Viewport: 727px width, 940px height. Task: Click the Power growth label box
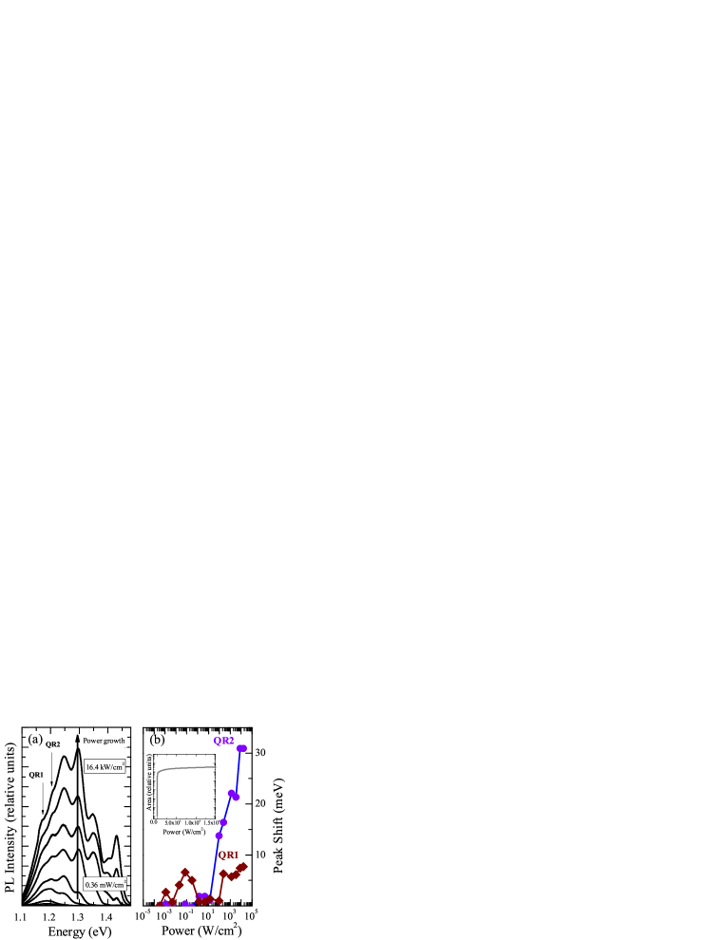[103, 741]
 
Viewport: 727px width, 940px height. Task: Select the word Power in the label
[92, 741]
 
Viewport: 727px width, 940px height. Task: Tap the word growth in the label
[113, 741]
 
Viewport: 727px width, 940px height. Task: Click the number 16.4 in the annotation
[92, 767]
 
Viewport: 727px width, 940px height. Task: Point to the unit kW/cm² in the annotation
[113, 766]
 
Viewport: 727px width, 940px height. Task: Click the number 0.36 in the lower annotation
[92, 885]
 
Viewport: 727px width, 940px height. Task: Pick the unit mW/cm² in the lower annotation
[113, 885]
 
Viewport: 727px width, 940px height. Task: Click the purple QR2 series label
[223, 741]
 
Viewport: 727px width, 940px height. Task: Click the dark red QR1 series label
[228, 855]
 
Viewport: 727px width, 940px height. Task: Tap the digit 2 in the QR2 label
[231, 741]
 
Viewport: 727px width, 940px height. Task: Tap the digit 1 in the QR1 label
[235, 855]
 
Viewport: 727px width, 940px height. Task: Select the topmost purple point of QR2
[241, 748]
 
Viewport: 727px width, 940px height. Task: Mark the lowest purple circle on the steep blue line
[219, 836]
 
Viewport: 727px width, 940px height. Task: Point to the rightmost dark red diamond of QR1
[243, 866]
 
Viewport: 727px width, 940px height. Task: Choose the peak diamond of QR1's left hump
[185, 872]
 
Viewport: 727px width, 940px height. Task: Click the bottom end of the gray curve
[157, 815]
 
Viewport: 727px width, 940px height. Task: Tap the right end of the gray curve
[216, 767]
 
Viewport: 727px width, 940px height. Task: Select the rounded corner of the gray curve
[160, 772]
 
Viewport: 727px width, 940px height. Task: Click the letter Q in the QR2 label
[217, 741]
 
